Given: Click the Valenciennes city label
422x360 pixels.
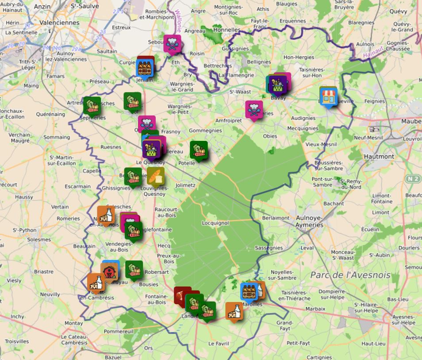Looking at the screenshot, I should pos(59,23).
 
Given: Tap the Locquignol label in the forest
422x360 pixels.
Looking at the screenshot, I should pos(215,223).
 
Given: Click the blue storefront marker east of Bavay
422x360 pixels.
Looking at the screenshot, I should pos(328,97).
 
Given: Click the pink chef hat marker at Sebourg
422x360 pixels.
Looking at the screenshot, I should pos(172,43).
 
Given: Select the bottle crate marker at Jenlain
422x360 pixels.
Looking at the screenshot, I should pos(145,68).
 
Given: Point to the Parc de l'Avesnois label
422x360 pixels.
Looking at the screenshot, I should pos(350,275).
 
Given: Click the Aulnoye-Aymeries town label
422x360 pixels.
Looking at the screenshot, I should pos(309,221).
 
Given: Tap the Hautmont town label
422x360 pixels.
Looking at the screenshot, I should pos(379,156).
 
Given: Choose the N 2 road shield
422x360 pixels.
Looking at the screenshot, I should pos(412,179).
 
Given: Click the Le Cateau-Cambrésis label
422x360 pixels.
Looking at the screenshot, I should pos(74,340).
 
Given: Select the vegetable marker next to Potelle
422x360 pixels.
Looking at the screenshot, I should pos(199,150).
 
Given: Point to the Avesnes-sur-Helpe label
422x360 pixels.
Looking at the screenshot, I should pos(402,320).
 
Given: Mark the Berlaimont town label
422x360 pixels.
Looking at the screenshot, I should pos(276,218).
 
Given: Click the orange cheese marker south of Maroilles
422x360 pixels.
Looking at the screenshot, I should pos(234,311).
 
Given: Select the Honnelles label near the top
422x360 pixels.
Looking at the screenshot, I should pos(226,30).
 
